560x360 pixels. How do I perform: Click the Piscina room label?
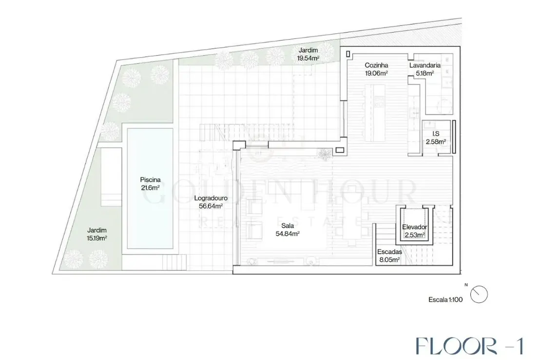point(150,180)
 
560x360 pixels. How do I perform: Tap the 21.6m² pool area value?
point(150,188)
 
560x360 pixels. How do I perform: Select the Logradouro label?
point(211,199)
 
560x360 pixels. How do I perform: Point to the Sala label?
point(288,225)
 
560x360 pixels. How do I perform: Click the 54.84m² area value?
point(288,234)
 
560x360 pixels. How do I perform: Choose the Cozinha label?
point(376,65)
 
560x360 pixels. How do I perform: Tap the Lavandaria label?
point(425,65)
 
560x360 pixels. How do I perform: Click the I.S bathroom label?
point(436,134)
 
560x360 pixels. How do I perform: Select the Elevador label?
point(415,227)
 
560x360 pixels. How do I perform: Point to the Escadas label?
point(389,252)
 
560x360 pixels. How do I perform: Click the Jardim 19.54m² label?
point(308,54)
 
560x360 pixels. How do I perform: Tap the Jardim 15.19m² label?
point(97,234)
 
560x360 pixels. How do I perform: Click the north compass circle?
point(479,295)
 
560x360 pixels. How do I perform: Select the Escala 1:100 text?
point(445,300)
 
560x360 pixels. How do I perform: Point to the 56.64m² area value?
point(211,206)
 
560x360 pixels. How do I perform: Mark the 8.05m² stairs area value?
point(389,260)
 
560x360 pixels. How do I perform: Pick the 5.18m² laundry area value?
point(425,73)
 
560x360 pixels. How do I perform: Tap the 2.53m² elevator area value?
point(415,235)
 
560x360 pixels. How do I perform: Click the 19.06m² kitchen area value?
point(376,73)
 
